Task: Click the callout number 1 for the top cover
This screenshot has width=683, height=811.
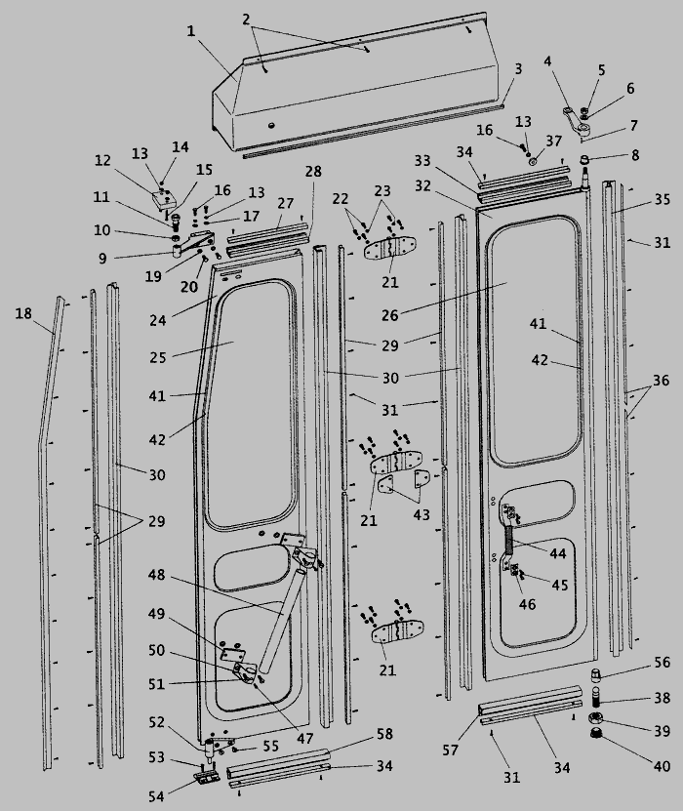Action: (191, 31)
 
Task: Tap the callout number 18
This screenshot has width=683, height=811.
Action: (23, 313)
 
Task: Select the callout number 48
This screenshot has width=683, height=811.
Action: (157, 575)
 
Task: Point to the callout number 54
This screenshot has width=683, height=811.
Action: (157, 796)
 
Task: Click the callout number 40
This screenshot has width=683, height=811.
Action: (662, 766)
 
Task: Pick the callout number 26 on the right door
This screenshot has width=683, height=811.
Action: (390, 315)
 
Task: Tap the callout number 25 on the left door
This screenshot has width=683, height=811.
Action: (158, 357)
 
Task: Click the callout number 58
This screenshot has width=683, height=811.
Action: (384, 734)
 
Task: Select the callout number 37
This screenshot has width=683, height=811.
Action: (554, 141)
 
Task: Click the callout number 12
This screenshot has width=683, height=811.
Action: (102, 160)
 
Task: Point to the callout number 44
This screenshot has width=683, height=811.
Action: (557, 553)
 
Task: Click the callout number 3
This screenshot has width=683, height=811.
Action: (518, 68)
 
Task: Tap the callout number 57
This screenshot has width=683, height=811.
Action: (451, 750)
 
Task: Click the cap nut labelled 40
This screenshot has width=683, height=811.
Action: (596, 733)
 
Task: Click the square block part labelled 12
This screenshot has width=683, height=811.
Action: (165, 199)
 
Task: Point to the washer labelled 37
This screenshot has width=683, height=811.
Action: (533, 162)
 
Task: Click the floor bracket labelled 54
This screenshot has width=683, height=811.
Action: (207, 777)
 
